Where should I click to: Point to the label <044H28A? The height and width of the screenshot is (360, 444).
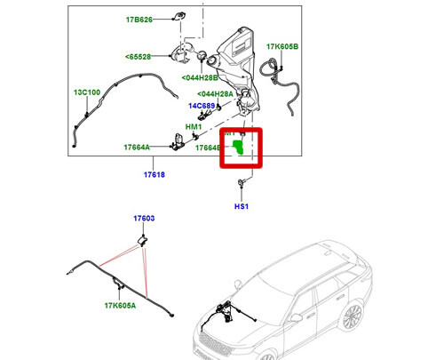pos(216,93)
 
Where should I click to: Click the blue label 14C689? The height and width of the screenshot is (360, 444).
pos(202,106)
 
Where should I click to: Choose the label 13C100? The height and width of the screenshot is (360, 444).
pos(87,92)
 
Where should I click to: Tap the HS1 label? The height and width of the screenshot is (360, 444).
pos(241,206)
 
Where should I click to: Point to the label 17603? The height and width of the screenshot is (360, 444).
pos(144,218)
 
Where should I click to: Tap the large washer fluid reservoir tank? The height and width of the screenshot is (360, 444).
pos(235,53)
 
